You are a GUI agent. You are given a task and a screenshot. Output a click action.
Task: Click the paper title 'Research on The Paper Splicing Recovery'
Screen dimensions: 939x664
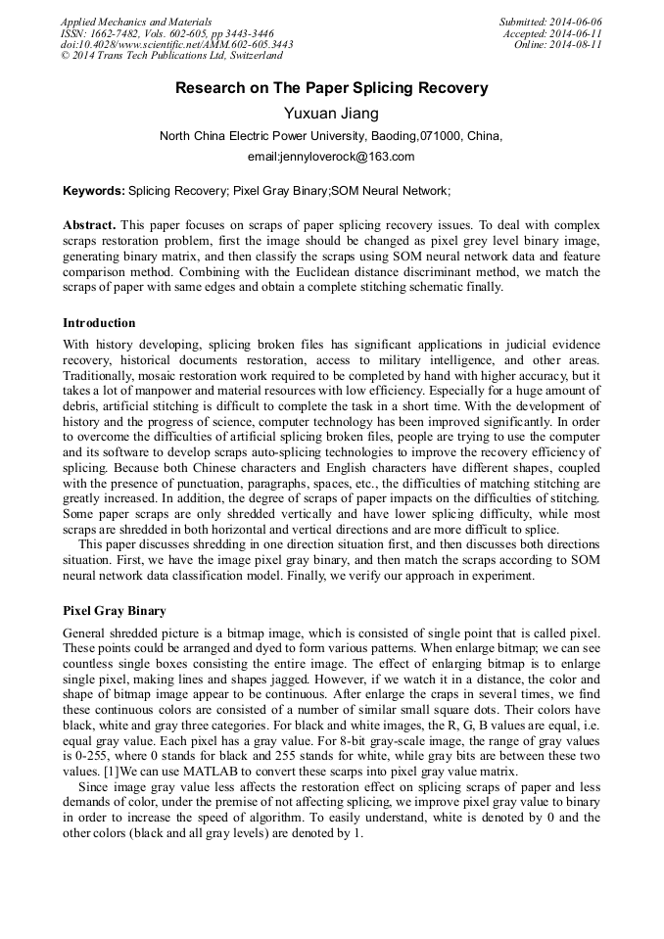(x=331, y=88)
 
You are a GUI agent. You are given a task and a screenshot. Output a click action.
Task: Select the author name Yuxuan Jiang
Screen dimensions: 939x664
(x=331, y=114)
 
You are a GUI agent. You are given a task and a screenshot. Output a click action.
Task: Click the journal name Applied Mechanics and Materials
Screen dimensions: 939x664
(x=135, y=22)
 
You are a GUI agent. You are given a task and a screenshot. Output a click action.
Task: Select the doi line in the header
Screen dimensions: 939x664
(x=176, y=45)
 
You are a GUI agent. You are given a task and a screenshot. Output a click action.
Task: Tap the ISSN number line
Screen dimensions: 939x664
(x=166, y=33)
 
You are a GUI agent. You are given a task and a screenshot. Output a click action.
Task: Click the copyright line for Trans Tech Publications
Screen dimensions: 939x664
(x=171, y=57)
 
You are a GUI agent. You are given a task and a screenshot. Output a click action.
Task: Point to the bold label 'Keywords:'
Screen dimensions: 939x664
(x=93, y=190)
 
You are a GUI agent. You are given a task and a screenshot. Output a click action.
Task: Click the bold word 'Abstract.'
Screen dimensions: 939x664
(x=89, y=224)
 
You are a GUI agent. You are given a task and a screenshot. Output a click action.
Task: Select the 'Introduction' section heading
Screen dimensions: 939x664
(x=99, y=323)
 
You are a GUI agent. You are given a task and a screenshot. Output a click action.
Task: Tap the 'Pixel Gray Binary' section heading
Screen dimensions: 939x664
(x=115, y=611)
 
